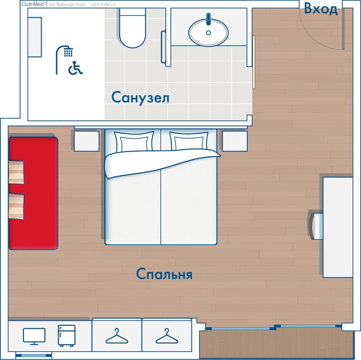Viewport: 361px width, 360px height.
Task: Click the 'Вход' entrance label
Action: [321, 9]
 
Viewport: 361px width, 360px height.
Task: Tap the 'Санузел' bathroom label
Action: [140, 97]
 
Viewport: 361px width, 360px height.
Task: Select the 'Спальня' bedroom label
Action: [164, 274]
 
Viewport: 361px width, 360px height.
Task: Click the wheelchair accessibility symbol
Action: [76, 68]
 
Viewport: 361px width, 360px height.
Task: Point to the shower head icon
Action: [65, 60]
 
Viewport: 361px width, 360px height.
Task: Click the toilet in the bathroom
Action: [132, 28]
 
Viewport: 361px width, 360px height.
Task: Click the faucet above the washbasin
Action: [208, 19]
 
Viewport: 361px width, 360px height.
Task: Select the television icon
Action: [34, 336]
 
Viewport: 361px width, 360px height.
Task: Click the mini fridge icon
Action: [67, 336]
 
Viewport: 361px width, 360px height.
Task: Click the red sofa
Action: [33, 193]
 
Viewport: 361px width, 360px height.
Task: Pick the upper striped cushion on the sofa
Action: [16, 172]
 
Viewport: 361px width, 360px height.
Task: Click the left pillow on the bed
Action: [134, 142]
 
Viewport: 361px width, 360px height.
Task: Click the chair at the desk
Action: [316, 226]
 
